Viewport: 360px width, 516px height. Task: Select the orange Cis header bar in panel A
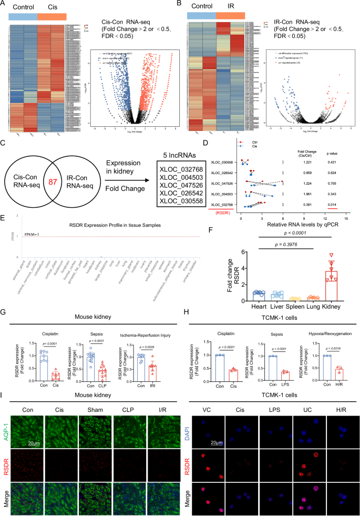(52, 16)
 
